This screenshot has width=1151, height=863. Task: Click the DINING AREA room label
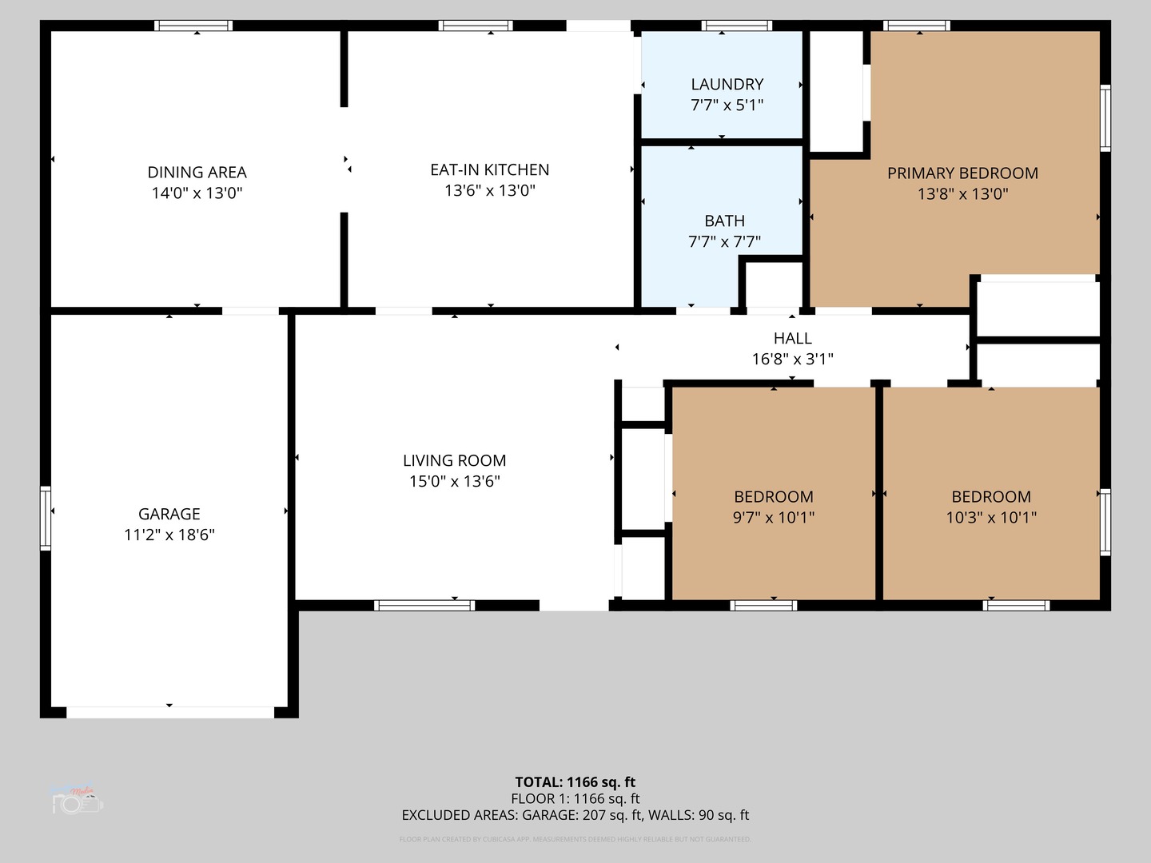197,172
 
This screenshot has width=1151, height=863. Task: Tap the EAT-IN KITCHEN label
489,169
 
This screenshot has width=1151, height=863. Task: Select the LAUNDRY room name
727,84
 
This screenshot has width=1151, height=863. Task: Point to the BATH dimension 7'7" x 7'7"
724,241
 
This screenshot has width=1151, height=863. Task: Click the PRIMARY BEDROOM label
962,173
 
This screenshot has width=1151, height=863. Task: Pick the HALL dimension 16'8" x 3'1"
792,359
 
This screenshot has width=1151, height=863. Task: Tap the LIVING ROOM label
454,460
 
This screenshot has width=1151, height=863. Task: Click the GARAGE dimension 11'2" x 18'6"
169,535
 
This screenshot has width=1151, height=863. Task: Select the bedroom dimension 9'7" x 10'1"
773,517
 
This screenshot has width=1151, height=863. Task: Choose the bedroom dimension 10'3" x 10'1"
991,517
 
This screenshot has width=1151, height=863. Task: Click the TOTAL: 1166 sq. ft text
575,782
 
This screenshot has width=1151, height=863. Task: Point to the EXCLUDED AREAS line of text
575,815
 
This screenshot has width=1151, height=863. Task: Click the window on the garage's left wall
46,518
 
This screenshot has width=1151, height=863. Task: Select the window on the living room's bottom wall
424,606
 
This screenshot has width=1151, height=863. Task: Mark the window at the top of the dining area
193,26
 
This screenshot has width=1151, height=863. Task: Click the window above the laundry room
736,26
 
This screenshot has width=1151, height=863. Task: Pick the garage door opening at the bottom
169,712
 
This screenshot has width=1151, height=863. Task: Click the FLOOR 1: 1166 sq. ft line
575,798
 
